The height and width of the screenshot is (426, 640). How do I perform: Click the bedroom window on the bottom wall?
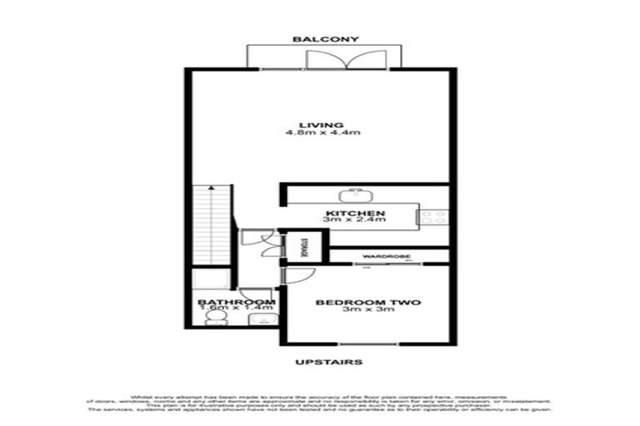[363, 345]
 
